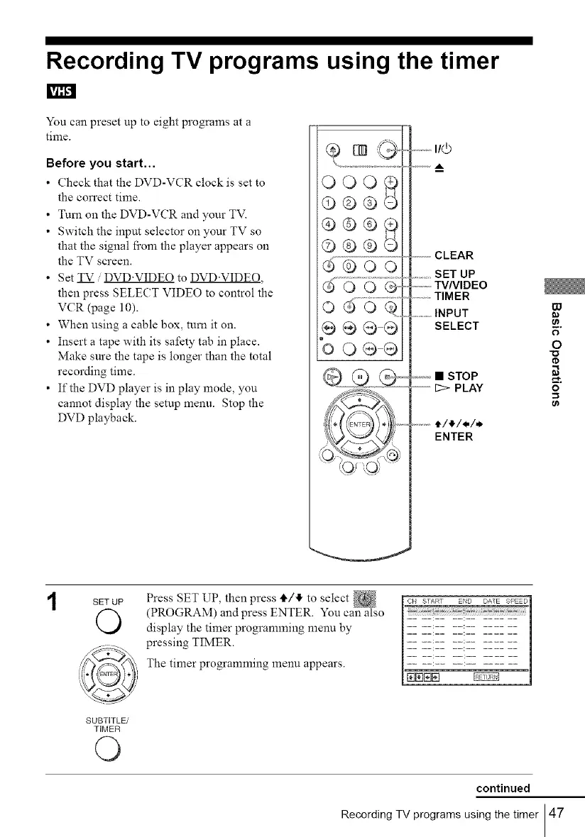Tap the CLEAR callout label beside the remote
pos(454,255)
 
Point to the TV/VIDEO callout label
pos(461,285)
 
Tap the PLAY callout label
pos(459,387)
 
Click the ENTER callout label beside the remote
pos(453,437)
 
